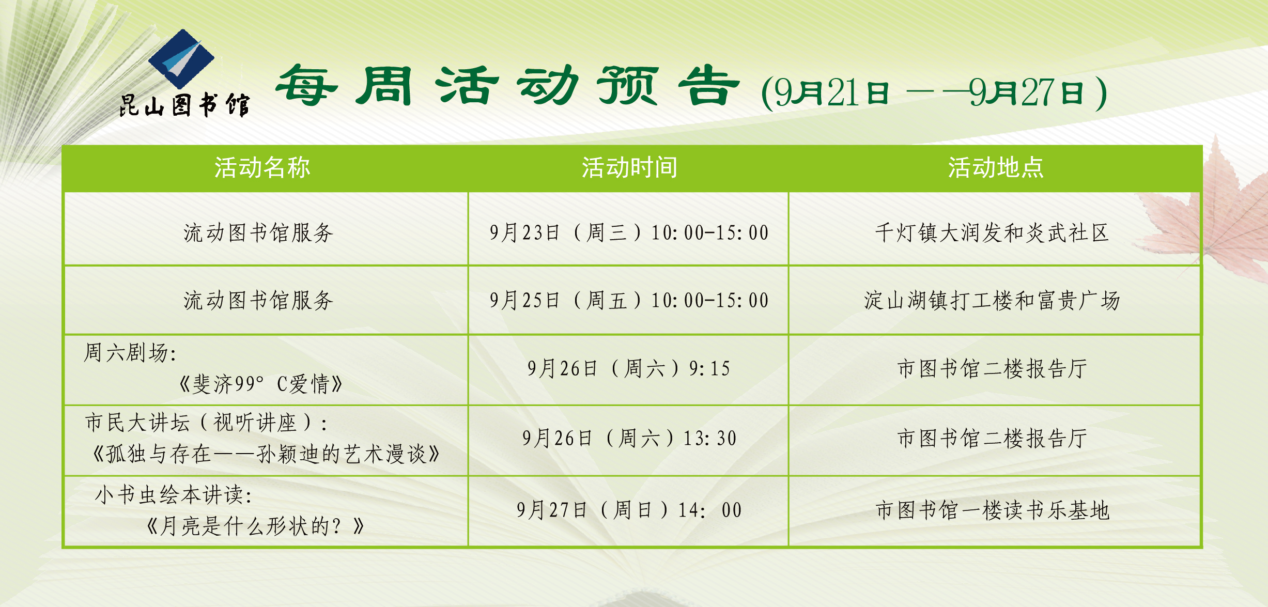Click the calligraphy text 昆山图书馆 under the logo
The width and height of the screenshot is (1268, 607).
point(184,105)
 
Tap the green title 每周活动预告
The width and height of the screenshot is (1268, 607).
point(507,86)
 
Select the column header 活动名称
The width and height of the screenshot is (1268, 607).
point(262,168)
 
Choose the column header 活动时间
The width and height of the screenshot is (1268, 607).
point(629,168)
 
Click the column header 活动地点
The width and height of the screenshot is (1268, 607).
point(996,168)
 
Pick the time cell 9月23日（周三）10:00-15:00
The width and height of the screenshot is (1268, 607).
point(629,232)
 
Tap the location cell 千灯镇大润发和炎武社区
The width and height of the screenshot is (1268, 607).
point(992,232)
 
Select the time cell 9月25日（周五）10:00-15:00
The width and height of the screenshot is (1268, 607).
point(629,300)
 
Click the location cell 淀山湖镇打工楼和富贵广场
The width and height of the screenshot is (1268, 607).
point(992,300)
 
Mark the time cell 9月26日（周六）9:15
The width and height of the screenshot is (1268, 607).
point(629,368)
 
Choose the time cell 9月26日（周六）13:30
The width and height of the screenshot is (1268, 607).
point(629,438)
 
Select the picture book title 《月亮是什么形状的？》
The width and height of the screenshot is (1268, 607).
point(256,526)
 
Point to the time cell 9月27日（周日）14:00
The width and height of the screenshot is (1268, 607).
point(629,510)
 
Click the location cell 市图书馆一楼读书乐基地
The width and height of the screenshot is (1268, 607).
point(992,510)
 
